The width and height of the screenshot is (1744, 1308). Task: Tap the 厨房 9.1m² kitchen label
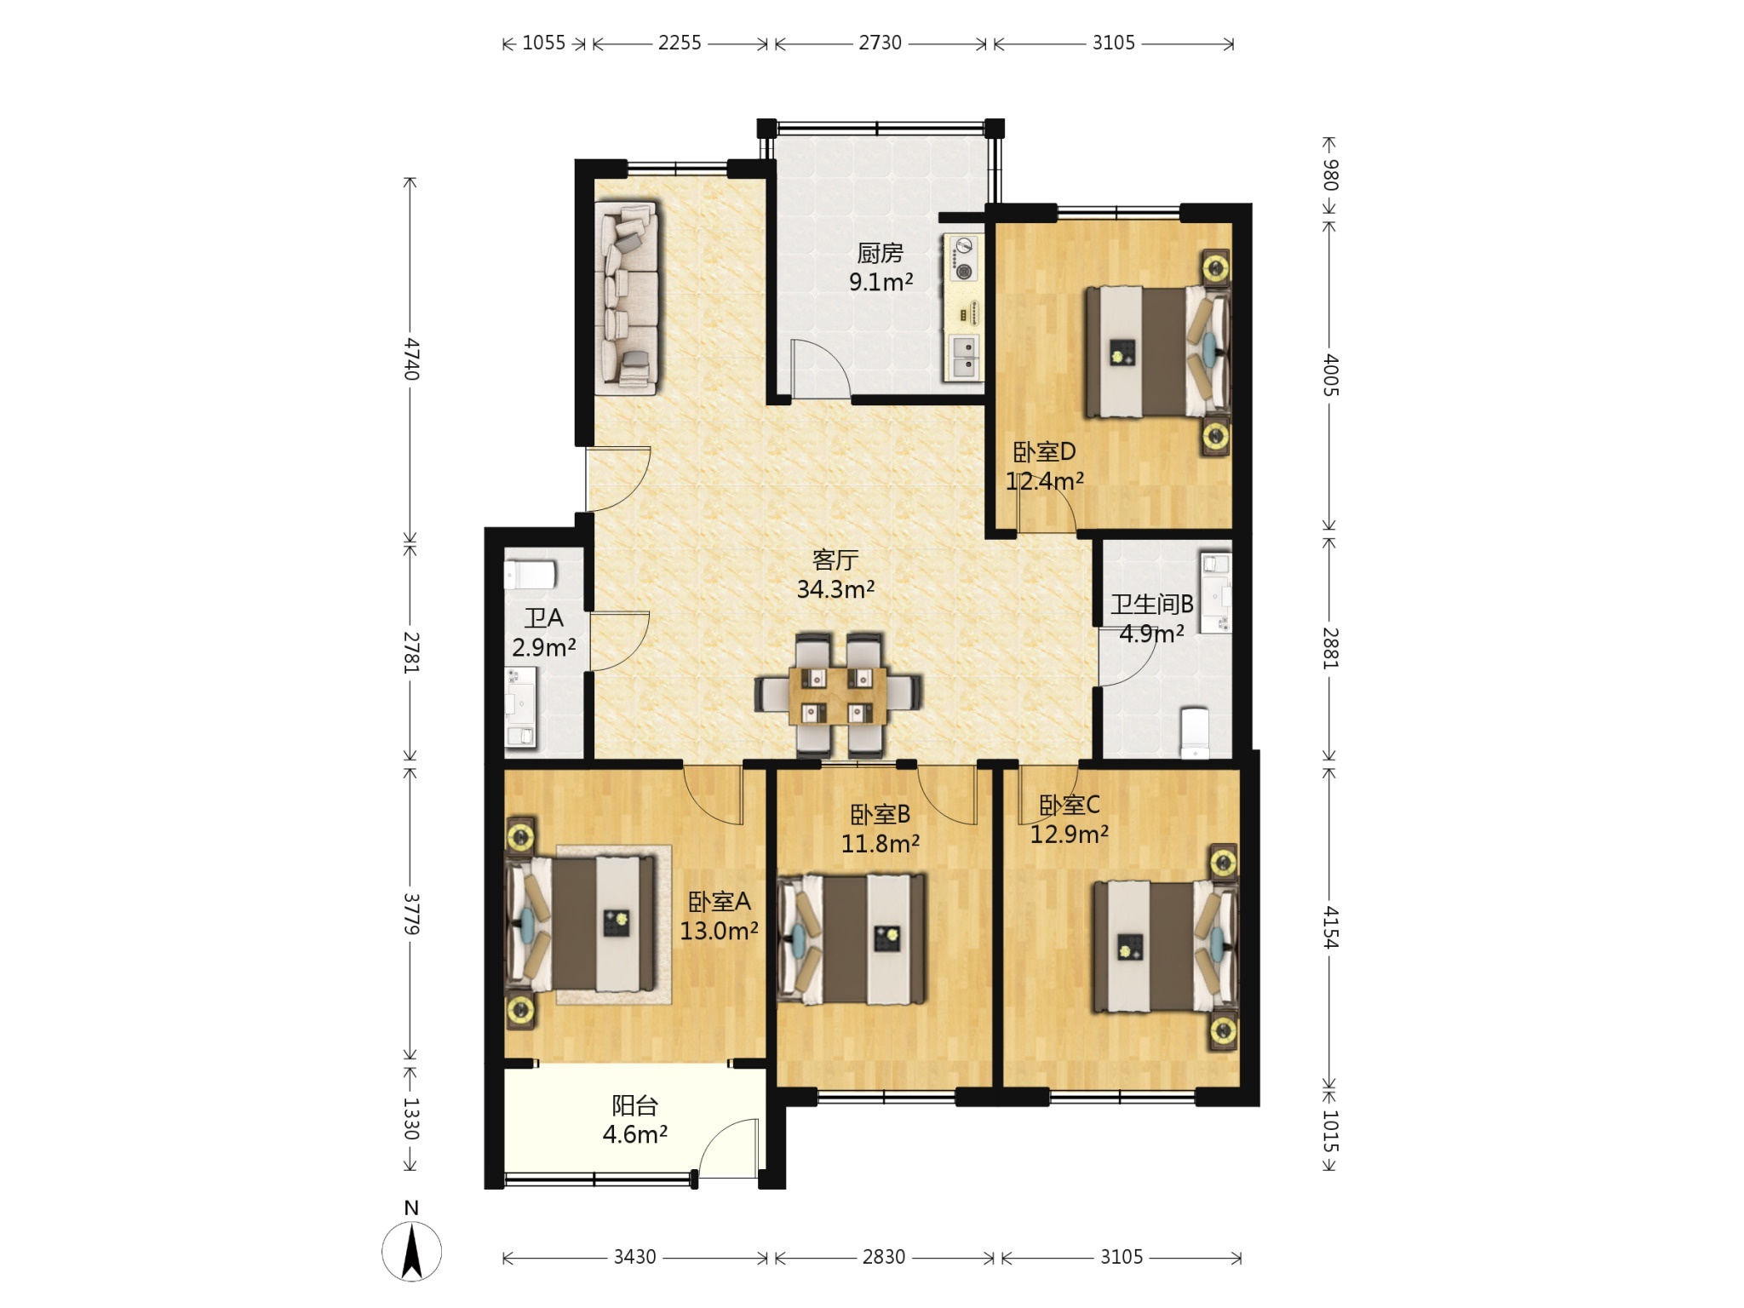click(881, 267)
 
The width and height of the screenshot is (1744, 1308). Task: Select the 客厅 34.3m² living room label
click(835, 574)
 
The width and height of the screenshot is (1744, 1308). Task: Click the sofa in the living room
click(628, 297)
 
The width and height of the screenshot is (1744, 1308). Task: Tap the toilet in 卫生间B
click(1196, 731)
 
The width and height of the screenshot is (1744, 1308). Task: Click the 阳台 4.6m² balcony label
click(634, 1120)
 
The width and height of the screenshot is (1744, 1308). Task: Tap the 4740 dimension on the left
click(411, 359)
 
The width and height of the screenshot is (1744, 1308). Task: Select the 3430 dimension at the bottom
click(635, 1257)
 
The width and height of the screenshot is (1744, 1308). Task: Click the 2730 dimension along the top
click(880, 43)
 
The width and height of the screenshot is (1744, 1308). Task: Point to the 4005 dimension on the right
click(1330, 376)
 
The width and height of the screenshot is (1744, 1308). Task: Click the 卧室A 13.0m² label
click(719, 916)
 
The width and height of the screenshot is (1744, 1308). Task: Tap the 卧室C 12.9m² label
click(1070, 819)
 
